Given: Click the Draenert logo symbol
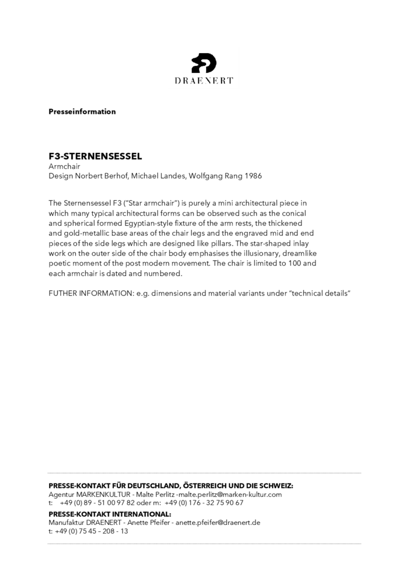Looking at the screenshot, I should (x=204, y=63).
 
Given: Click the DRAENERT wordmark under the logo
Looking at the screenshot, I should (x=204, y=81).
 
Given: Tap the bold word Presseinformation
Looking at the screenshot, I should (x=82, y=112).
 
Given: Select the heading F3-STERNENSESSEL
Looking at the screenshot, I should (x=95, y=156).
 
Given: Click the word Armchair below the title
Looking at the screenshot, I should (x=64, y=166).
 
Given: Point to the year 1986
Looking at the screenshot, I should (x=254, y=175).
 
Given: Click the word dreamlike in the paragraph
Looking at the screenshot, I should (x=299, y=253).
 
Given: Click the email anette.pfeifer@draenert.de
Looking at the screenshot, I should (x=218, y=523).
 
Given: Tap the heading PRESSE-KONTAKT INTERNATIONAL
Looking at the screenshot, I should (x=110, y=514).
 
